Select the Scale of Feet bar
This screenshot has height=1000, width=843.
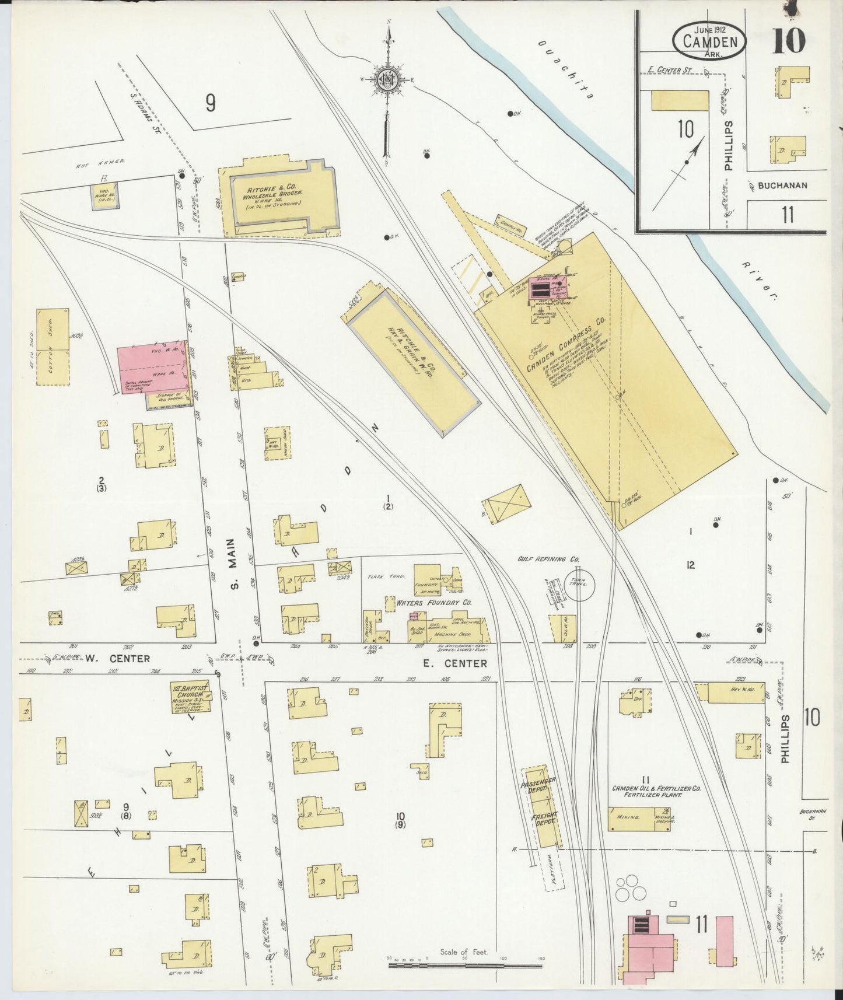pos(465,965)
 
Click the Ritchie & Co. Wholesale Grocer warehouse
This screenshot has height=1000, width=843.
pos(274,196)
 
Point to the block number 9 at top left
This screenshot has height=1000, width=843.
pos(211,103)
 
